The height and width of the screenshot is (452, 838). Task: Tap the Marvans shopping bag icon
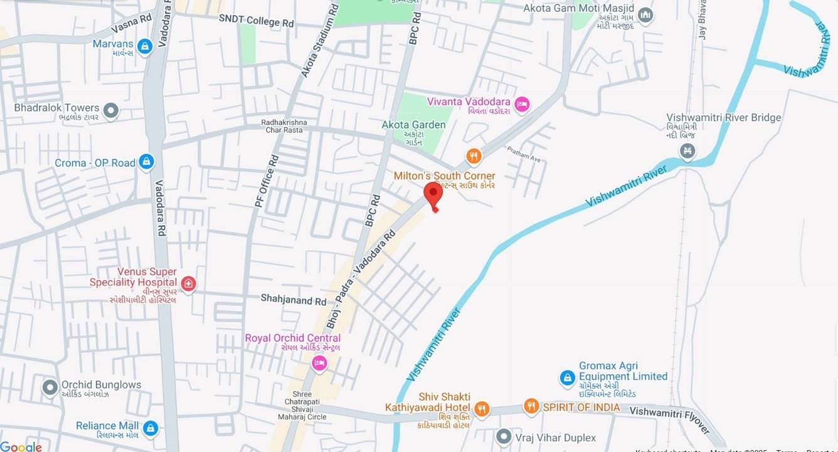coord(146,46)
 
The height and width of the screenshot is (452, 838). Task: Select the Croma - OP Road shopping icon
coord(146,162)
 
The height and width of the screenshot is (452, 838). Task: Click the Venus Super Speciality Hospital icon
coord(188,284)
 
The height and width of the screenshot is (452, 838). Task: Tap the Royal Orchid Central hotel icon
coord(319,363)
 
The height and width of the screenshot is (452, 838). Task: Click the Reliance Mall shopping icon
coord(150,428)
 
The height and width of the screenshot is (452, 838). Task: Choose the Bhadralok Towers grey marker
coord(111,112)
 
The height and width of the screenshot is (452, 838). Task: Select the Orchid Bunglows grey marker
coord(50,387)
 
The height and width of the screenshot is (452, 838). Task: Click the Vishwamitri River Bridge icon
coord(688,151)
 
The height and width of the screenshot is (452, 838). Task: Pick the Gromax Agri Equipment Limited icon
coord(567,378)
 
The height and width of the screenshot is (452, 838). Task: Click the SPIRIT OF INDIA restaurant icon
coord(531,407)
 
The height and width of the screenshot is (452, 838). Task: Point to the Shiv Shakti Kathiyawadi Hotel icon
coord(481,409)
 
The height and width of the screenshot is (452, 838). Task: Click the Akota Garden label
coord(413,125)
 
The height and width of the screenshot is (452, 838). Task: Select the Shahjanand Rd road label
coord(294,300)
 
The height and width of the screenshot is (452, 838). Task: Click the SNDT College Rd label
coord(256,22)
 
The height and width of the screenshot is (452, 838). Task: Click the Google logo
coord(21,446)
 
